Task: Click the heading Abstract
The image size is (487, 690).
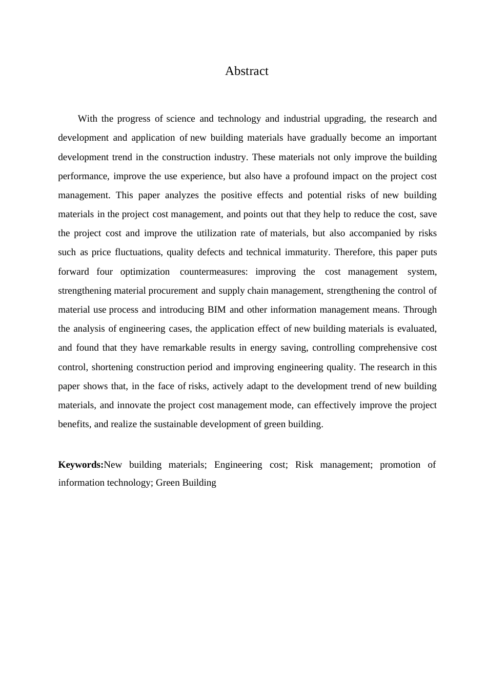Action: click(247, 71)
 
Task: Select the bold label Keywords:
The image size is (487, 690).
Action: click(80, 465)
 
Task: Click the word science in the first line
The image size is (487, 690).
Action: click(180, 119)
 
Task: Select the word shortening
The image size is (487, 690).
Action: click(112, 367)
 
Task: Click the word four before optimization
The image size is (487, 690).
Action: click(105, 272)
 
